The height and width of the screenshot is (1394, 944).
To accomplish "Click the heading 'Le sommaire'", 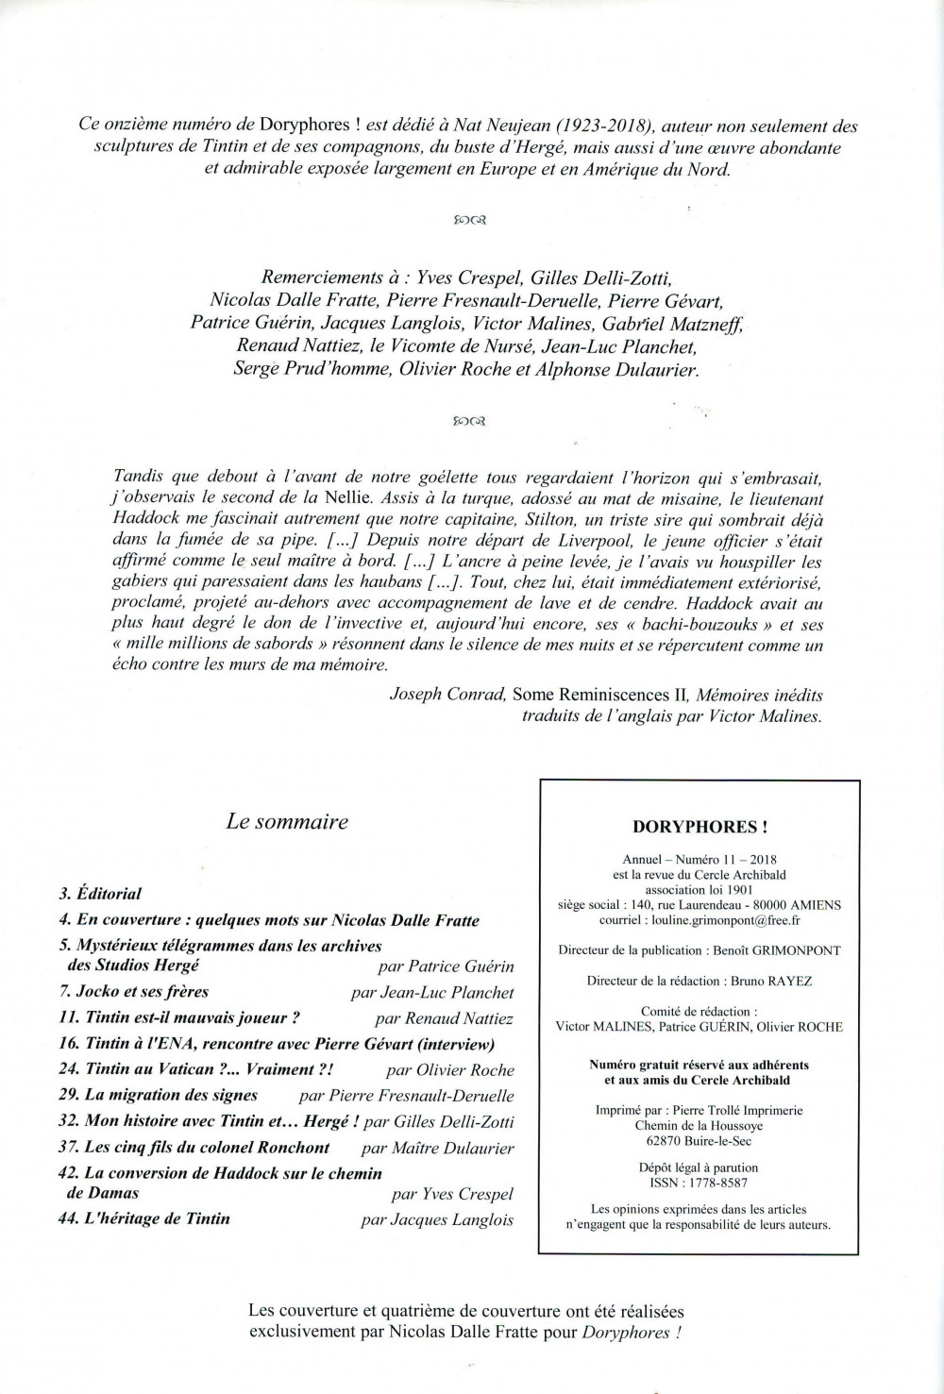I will [287, 821].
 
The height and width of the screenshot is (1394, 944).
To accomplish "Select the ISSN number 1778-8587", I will [717, 1182].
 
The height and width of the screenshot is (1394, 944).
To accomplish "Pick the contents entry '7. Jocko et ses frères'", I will [133, 992].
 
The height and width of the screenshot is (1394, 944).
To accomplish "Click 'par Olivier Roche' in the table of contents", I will [450, 1069].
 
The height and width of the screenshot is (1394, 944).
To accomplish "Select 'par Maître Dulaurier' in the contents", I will [437, 1148].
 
